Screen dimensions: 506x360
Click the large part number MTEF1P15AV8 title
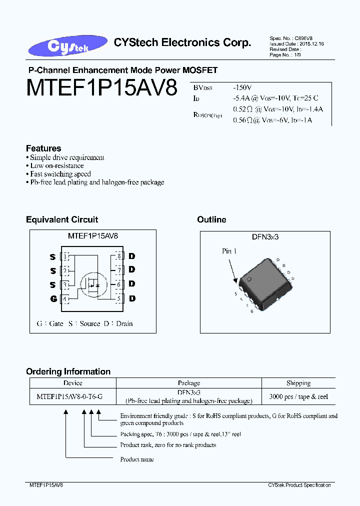point(102,89)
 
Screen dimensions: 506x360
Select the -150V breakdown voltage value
point(242,87)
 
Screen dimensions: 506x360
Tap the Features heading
point(43,148)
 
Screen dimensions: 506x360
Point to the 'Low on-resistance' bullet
point(57,165)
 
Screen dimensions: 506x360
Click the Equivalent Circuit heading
point(62,219)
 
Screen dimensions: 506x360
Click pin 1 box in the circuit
point(65,256)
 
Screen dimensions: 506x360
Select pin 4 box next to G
point(65,299)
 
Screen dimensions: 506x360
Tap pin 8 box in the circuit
point(119,256)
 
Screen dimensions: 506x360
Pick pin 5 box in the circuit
point(119,299)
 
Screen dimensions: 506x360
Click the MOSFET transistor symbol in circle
point(92,283)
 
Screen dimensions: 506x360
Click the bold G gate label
point(52,299)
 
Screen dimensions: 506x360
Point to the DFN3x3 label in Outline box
point(265,237)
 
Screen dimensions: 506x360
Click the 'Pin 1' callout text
point(229,251)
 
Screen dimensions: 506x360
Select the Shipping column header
point(298,383)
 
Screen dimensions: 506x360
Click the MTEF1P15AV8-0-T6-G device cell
point(70,396)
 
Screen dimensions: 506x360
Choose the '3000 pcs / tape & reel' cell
point(298,396)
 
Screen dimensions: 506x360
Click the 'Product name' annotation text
point(137,459)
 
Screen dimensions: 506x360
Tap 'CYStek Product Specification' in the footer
point(299,485)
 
